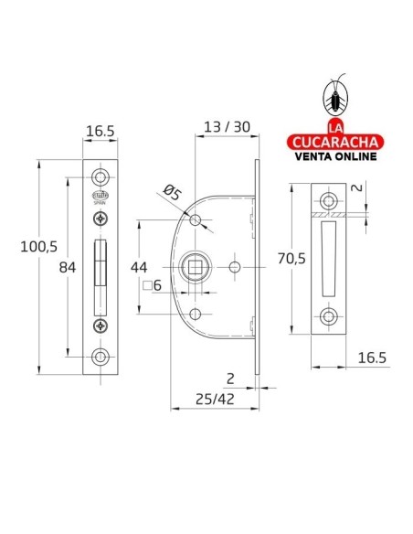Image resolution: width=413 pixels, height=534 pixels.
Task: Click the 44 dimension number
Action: [139, 267]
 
